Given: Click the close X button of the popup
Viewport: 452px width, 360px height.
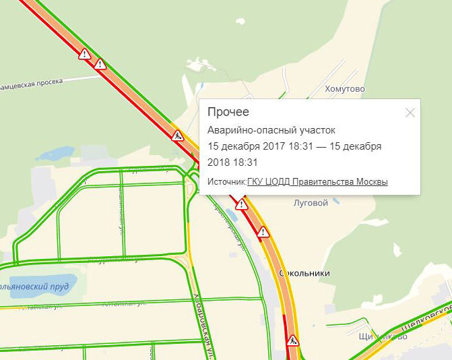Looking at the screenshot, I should [410, 113].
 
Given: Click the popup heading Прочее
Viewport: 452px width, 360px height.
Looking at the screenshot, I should [228, 112].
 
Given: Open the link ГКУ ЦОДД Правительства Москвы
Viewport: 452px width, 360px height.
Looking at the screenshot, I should [317, 181].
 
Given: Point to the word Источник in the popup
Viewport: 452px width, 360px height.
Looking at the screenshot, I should [226, 181].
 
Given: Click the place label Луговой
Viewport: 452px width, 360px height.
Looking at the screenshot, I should [311, 202].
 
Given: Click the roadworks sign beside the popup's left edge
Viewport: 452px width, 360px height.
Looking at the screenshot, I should [178, 136].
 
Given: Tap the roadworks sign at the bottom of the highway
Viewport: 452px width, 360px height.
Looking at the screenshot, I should [293, 341].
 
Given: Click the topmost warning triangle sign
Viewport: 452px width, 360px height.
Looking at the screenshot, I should [84, 54].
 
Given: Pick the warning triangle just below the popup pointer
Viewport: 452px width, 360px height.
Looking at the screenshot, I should [240, 203].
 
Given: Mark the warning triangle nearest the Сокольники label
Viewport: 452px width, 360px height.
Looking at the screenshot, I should [263, 232].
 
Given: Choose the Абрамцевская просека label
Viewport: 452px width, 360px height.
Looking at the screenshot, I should [31, 83].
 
